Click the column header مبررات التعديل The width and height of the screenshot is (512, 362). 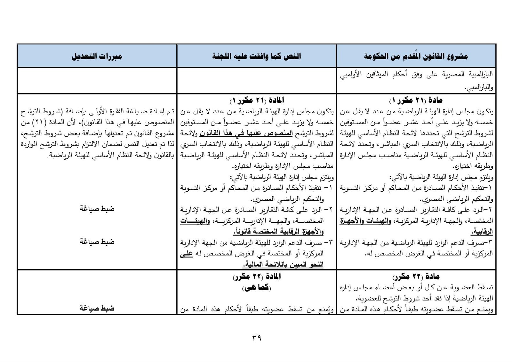pos(97,57)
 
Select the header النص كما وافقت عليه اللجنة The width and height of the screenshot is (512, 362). pos(256,57)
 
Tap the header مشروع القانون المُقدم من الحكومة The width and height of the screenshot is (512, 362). pos(416,57)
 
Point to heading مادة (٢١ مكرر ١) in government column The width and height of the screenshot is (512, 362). pos(416,101)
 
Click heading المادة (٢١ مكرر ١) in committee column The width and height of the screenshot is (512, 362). pos(257,101)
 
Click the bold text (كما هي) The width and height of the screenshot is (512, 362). pos(257,287)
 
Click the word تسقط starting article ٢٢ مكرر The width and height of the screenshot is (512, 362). pos(485,287)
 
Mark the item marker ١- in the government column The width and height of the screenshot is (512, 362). pos(489,188)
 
